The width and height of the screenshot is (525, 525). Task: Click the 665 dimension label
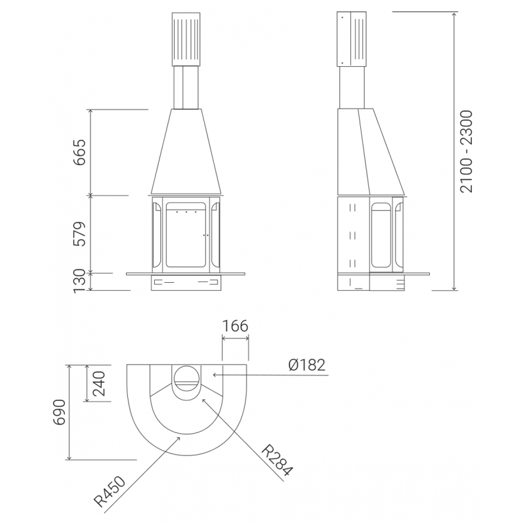coord(80,153)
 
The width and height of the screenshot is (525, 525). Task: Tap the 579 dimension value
coord(80,234)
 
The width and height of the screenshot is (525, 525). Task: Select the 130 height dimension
coord(80,281)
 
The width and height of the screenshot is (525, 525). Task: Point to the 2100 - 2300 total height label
coord(466,152)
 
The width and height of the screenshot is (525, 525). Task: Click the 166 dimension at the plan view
coord(236,325)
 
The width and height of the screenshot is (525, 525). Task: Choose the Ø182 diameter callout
coord(306,365)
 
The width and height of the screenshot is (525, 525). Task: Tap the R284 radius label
coord(277,460)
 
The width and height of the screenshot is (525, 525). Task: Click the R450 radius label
coord(110,492)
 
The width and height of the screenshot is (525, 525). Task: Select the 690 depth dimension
coord(60,412)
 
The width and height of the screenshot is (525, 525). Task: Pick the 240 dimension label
coord(99,383)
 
